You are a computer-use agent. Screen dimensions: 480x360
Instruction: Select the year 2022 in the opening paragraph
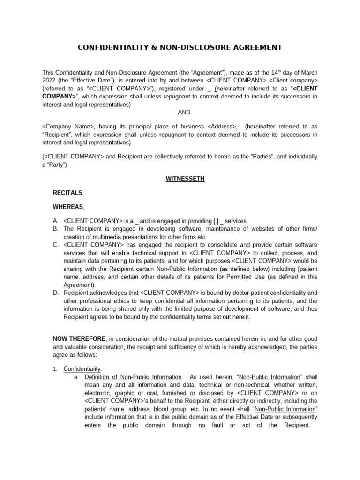point(50,81)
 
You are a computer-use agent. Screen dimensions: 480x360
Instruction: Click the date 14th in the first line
point(277,73)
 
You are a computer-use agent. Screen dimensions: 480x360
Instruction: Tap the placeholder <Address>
point(221,127)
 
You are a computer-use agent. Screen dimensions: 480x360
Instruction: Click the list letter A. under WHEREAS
point(56,221)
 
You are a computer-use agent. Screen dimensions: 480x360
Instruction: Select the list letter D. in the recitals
point(56,293)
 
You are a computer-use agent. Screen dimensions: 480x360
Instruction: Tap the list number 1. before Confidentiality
point(56,369)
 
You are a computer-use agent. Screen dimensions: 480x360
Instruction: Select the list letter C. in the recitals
point(56,245)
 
